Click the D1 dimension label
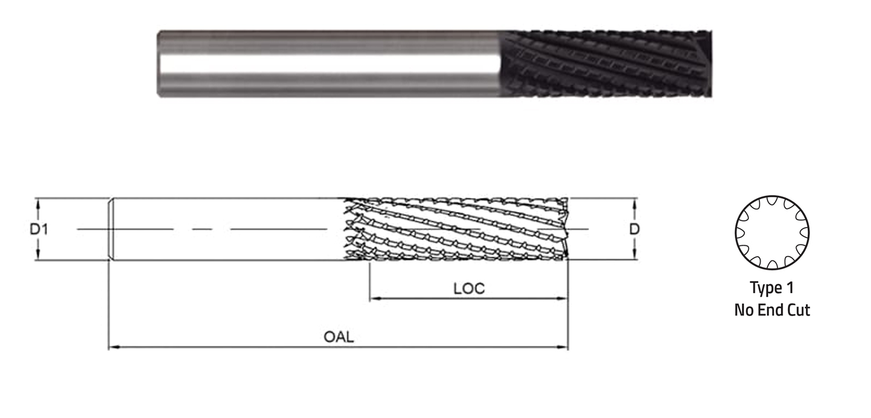coord(39,229)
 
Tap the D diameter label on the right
coord(634,229)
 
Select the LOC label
coord(469,289)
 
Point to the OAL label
coord(339,337)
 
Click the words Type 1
coord(772,288)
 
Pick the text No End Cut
coord(772,310)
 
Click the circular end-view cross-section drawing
coord(772,233)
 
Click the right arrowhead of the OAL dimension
coord(563,347)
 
